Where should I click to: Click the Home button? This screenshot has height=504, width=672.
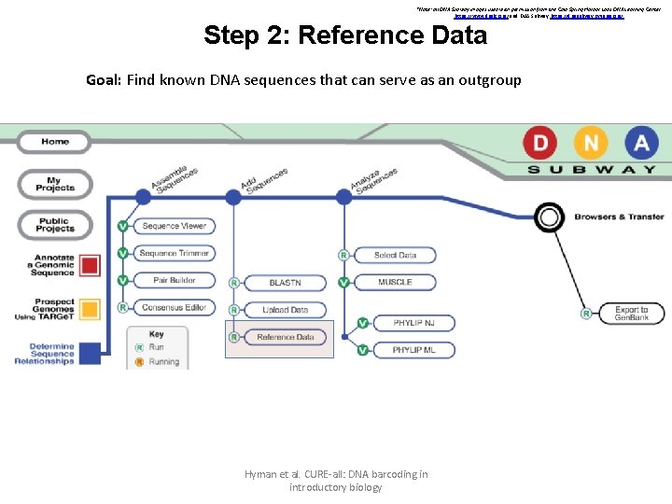pos(55,142)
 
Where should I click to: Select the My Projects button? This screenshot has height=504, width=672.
pos(55,185)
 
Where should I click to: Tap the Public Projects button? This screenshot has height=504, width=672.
pos(55,224)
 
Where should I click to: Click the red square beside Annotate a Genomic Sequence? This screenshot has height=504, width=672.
pos(90,265)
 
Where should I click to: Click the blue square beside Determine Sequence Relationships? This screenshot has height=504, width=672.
pos(90,354)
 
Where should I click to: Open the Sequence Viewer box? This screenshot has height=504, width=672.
pos(175,226)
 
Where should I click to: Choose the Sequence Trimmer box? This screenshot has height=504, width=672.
pos(175,253)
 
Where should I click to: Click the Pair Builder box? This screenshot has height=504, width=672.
pos(175,280)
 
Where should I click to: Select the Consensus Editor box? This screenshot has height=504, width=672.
pos(175,307)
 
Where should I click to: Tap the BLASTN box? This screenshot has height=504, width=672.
pos(286,283)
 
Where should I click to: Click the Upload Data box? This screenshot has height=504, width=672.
pos(286,310)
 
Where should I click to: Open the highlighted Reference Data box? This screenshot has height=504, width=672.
pos(286,337)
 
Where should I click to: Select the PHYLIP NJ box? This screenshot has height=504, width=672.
pos(413,323)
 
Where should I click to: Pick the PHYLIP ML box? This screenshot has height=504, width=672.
pos(413,350)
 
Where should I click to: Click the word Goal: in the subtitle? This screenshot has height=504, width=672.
pos(105,80)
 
